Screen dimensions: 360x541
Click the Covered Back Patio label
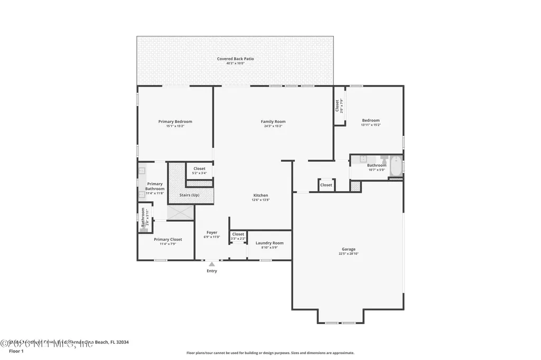[x=235, y=59]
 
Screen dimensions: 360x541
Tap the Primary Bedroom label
[x=175, y=121]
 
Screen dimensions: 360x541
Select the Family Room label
[x=273, y=121]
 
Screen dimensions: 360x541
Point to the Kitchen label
[x=260, y=195]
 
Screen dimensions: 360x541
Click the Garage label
[x=348, y=249]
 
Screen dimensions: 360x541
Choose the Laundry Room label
[x=269, y=243]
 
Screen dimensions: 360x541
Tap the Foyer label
[x=212, y=232]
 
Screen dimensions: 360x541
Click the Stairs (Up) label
[x=189, y=195]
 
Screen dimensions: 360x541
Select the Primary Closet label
[x=168, y=239]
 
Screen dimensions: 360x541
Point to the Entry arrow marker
[x=211, y=263]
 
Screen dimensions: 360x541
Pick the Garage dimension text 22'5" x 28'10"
[x=348, y=254]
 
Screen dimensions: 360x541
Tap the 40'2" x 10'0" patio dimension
[x=235, y=63]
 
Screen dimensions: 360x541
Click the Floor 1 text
[x=16, y=351]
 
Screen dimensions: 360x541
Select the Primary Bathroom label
[x=155, y=186]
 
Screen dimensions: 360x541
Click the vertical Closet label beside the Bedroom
[x=337, y=106]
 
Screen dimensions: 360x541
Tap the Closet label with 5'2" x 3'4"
[x=199, y=168]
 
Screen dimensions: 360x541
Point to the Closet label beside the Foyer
[x=238, y=234]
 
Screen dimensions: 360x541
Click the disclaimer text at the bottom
[x=270, y=353]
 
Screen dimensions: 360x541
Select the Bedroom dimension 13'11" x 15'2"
[x=370, y=125]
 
